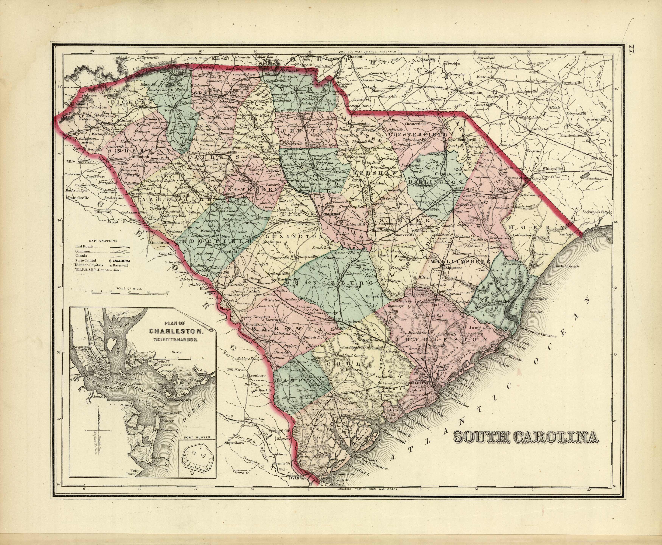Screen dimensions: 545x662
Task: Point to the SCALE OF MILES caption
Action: tap(129, 288)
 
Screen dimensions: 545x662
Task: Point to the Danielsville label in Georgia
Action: tap(78, 198)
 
